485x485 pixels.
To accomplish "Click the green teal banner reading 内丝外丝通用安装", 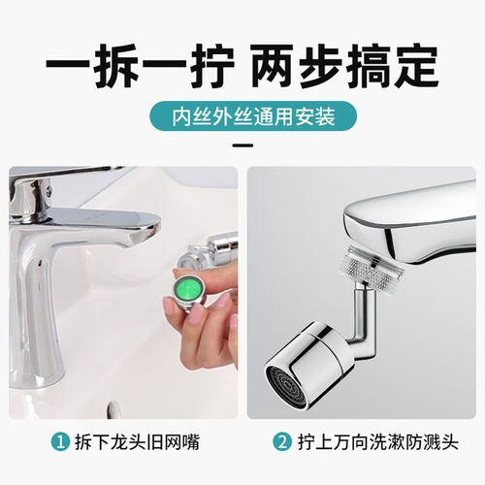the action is pos(253,116).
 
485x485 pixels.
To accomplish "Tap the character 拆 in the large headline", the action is pos(116,67).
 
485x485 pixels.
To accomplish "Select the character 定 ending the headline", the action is pos(416,67).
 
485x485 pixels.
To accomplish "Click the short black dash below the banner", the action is pos(242,145).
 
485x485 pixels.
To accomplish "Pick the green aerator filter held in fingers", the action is pos(190,287).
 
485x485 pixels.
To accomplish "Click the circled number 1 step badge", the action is pos(60,442).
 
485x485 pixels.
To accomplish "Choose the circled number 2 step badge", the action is pos(282,442).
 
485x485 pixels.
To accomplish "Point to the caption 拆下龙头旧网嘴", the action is pos(137,442).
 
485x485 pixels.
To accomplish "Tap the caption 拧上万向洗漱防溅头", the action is pos(378,442).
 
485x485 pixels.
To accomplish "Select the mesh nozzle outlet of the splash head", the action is pos(286,387).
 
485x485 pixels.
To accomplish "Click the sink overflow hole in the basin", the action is pos(113,408).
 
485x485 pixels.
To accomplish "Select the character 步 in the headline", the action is pos(321,67).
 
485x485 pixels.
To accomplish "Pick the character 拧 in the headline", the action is pos(211,67).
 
